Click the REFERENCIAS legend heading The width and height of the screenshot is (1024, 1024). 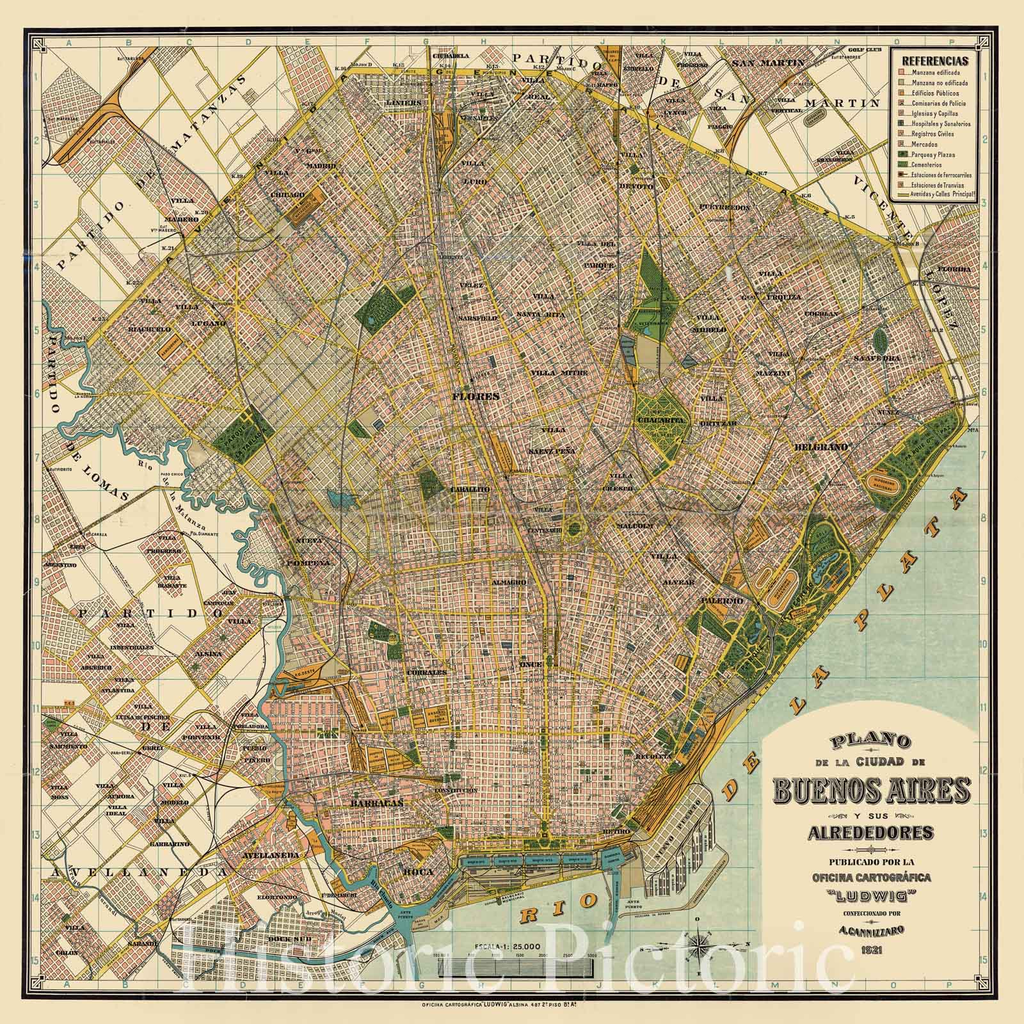(x=934, y=61)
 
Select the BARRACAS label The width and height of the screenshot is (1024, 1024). (x=369, y=803)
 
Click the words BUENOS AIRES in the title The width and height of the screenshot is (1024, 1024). (x=872, y=792)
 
